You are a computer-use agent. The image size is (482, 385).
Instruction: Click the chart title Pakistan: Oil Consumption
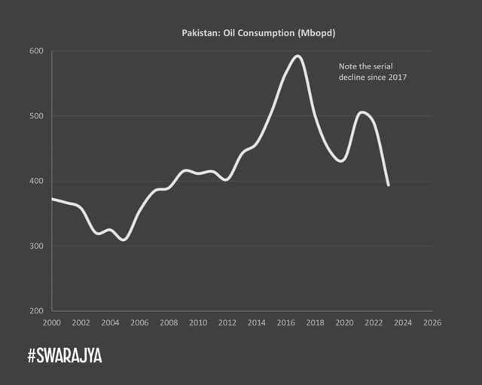(242, 33)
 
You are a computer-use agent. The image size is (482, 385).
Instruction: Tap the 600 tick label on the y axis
(37, 51)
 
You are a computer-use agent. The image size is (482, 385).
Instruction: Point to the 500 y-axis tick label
(37, 116)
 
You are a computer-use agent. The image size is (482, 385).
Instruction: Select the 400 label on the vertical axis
(37, 182)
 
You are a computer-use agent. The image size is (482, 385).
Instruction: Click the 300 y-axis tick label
(37, 246)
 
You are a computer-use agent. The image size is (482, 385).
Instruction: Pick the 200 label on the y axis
(37, 311)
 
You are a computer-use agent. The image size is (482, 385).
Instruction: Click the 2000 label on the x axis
(51, 322)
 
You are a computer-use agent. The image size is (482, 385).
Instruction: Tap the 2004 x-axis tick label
(110, 322)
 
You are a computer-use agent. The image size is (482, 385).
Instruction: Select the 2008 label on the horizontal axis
(169, 322)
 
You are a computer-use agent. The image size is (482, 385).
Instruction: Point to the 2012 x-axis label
(227, 322)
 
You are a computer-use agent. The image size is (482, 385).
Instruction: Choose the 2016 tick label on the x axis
(285, 322)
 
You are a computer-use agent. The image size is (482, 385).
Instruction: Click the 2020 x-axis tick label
(344, 322)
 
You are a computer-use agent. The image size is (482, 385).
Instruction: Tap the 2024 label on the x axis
(403, 322)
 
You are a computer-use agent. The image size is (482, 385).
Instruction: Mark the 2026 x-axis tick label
(432, 322)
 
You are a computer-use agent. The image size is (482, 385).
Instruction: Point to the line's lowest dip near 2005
(123, 240)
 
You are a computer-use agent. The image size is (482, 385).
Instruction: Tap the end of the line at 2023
(389, 185)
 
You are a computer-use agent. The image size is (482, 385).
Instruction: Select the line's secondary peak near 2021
(362, 112)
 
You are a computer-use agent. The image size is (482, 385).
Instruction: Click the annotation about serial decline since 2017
(372, 72)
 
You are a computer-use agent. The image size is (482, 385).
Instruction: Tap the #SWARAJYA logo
(64, 356)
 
